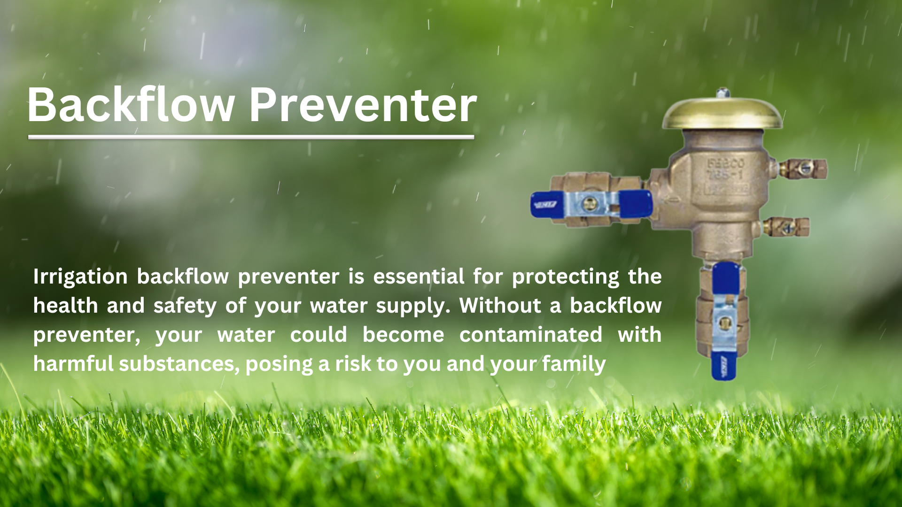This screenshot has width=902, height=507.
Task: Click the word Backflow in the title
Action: (131, 105)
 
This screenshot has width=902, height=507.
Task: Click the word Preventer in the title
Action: (363, 105)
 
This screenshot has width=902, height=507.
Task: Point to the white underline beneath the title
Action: (251, 137)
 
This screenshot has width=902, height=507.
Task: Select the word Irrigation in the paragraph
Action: (80, 277)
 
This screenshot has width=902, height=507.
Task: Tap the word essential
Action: (419, 277)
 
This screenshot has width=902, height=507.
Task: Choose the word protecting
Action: (565, 277)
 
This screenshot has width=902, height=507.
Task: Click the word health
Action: (65, 306)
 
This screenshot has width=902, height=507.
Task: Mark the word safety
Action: (185, 306)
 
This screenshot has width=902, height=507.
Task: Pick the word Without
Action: (500, 306)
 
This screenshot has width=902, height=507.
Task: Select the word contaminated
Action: (530, 335)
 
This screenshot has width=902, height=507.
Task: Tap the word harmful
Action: (73, 364)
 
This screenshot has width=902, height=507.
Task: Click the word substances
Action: (179, 364)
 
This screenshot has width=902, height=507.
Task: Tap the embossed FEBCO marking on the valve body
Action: (726, 164)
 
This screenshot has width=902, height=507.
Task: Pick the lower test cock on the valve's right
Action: (786, 227)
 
